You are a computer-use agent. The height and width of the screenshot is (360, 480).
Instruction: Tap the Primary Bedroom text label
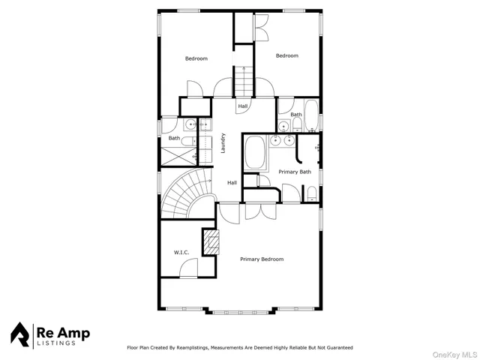[262, 259]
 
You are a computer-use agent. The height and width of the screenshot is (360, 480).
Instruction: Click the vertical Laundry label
[223, 143]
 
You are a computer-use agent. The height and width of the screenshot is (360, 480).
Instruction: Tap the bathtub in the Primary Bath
[256, 153]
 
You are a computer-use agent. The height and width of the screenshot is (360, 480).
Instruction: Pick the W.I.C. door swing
[189, 267]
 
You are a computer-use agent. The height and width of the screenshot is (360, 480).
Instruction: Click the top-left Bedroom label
[196, 58]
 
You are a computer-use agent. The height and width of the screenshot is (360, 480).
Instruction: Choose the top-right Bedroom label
[286, 55]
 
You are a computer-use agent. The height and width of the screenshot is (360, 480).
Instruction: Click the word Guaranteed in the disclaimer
[336, 348]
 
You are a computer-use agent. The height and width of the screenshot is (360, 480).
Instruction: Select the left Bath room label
[173, 138]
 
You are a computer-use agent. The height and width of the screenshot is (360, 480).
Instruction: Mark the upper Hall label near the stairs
[243, 107]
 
